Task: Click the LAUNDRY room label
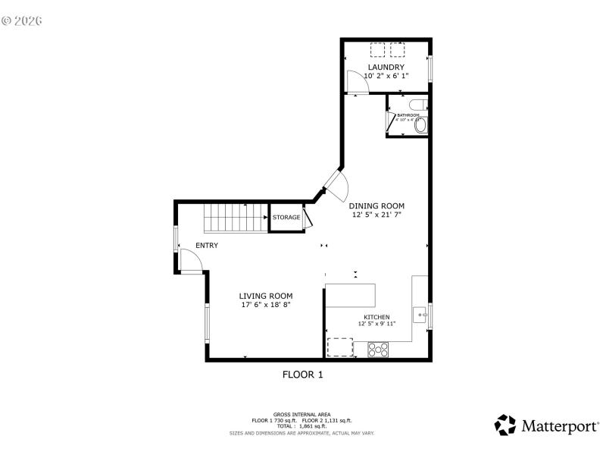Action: click(386, 67)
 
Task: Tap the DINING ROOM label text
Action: click(376, 206)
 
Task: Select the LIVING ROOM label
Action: click(266, 296)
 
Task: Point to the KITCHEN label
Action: click(376, 317)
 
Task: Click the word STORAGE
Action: click(286, 218)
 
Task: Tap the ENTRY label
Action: click(207, 245)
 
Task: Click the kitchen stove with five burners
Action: click(378, 350)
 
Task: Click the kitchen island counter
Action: click(350, 294)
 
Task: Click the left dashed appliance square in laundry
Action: click(377, 50)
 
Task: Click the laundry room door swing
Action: click(356, 82)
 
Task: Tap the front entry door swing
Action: click(190, 260)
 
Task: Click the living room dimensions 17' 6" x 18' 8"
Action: click(266, 305)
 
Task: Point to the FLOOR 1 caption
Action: click(303, 374)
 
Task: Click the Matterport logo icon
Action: click(504, 425)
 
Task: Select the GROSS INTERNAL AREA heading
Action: click(301, 414)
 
